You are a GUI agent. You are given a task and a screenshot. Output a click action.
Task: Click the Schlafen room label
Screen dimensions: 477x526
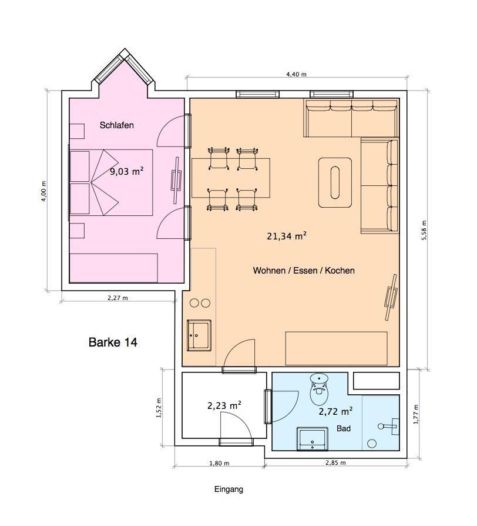click(x=116, y=125)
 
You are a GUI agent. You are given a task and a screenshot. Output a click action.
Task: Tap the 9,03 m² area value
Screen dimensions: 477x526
click(x=127, y=171)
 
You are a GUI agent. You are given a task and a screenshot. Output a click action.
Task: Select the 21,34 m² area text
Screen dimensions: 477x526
click(x=287, y=236)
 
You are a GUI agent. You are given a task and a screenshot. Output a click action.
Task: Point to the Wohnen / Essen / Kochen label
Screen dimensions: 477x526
click(x=304, y=271)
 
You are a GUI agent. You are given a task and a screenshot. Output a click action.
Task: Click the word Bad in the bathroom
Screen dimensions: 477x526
click(x=344, y=428)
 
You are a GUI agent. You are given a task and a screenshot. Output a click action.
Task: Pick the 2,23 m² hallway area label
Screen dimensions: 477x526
click(x=224, y=405)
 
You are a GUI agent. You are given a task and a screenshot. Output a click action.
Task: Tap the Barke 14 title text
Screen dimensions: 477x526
click(x=113, y=342)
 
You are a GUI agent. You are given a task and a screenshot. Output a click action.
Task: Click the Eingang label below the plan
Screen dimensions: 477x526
click(x=229, y=490)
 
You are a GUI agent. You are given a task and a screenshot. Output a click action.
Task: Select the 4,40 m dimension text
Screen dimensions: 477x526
click(x=297, y=75)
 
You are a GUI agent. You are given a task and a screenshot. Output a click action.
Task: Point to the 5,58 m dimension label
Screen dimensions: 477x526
click(x=424, y=230)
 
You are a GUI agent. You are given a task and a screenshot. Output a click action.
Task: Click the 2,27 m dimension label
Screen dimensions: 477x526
click(x=117, y=298)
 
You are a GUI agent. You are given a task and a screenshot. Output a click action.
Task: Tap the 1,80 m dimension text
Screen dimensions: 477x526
click(x=219, y=464)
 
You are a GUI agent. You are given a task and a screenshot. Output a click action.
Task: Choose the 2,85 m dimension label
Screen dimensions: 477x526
click(x=335, y=463)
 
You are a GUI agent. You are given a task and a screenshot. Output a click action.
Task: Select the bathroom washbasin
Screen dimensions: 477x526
click(x=312, y=439)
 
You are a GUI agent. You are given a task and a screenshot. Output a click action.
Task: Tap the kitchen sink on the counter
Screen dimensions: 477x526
click(x=199, y=335)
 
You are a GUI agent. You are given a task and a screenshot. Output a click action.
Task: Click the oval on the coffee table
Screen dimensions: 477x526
click(x=335, y=182)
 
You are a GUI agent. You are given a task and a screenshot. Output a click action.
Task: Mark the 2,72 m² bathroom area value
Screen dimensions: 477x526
click(x=335, y=411)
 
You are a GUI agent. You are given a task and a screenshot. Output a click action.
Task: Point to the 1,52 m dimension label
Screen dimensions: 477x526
click(x=159, y=408)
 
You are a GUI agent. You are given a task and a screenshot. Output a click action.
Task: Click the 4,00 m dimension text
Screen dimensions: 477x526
click(x=43, y=191)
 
